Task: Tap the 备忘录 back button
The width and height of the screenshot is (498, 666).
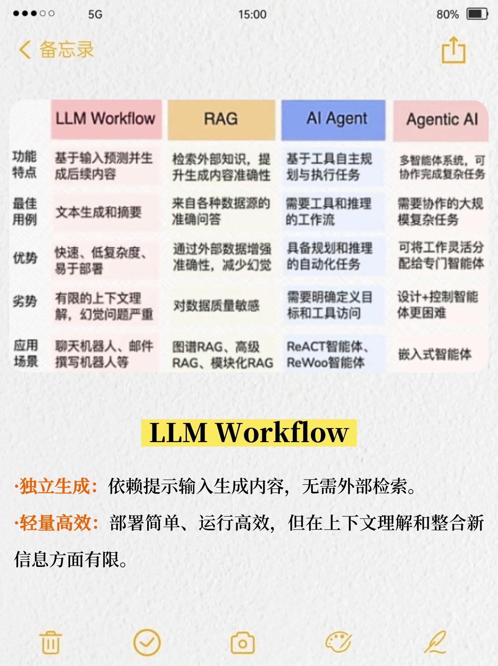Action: coord(56,50)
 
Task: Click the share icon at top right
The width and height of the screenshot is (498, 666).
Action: coord(453,50)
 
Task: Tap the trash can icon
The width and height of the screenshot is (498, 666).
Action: coord(51,642)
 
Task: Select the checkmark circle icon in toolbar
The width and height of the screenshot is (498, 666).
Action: coord(147,642)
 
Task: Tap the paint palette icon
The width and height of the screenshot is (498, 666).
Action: coord(338,642)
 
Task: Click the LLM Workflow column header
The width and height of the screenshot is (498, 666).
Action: coord(106,119)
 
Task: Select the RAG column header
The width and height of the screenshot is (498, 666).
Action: coord(221,119)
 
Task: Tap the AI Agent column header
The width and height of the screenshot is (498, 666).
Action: coord(337,119)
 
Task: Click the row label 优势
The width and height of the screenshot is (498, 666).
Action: coord(25,258)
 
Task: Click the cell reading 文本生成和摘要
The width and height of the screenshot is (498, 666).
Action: coord(99,212)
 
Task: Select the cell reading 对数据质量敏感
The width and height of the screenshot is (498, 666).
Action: coord(217,306)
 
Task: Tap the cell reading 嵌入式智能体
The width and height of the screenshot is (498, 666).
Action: coord(435,354)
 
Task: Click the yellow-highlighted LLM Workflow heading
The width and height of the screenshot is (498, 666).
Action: coord(249,432)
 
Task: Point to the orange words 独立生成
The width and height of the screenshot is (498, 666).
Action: coord(55,486)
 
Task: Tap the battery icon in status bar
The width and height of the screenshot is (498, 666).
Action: coord(477,14)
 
